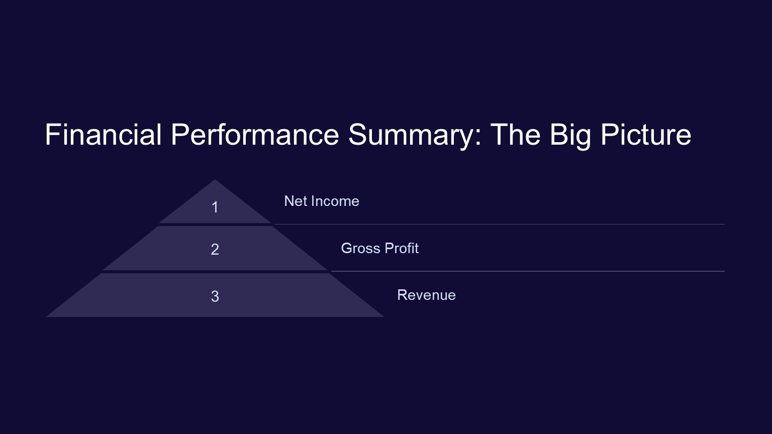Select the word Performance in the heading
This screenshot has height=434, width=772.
(255, 134)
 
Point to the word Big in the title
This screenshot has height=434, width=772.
(570, 137)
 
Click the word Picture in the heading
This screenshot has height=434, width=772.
(646, 134)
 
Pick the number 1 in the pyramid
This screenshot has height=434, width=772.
(215, 207)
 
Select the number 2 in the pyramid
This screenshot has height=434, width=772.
(215, 249)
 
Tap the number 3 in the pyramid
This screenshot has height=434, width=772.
(215, 296)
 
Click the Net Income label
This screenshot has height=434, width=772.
(322, 201)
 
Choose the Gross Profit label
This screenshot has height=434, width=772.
(380, 248)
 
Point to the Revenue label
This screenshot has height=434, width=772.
(426, 295)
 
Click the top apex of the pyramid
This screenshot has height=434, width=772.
(215, 179)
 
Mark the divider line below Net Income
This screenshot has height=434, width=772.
(500, 224)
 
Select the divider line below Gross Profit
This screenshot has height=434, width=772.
(528, 271)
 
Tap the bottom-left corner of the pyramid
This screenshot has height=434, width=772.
(46, 316)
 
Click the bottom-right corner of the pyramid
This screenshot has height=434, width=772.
(383, 316)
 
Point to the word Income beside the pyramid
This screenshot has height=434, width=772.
(335, 201)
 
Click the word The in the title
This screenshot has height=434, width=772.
(516, 134)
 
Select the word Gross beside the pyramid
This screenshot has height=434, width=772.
(360, 248)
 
